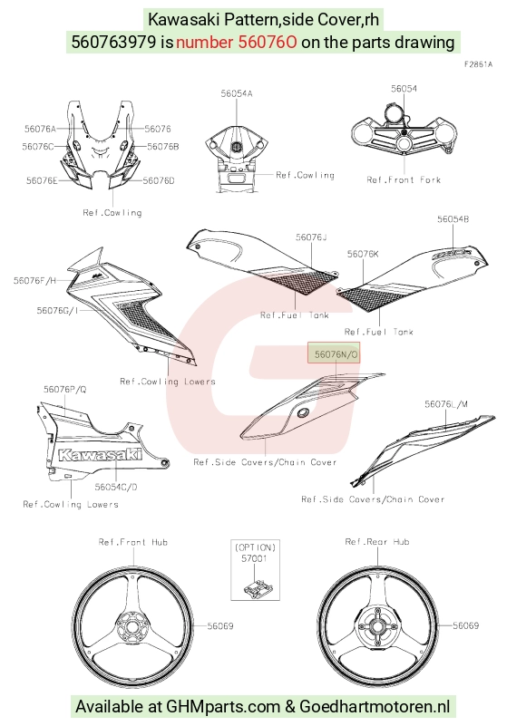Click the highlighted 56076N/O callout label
pyautogui.click(x=334, y=353)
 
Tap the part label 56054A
pyautogui.click(x=237, y=93)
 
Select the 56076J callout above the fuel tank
pyautogui.click(x=311, y=237)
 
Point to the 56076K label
pyautogui.click(x=363, y=254)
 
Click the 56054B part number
pyautogui.click(x=453, y=218)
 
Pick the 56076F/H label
pyautogui.click(x=34, y=280)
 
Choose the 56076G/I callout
pyautogui.click(x=57, y=310)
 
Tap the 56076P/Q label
pyautogui.click(x=65, y=390)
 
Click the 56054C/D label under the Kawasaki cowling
pyautogui.click(x=116, y=487)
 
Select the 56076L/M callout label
pyautogui.click(x=446, y=404)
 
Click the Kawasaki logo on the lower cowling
pyautogui.click(x=100, y=454)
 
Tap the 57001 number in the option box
pyautogui.click(x=255, y=558)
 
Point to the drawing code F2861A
pyautogui.click(x=478, y=64)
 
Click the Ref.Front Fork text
pyautogui.click(x=404, y=179)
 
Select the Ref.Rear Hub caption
pyautogui.click(x=377, y=542)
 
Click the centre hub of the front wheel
pyautogui.click(x=131, y=627)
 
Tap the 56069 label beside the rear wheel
pyautogui.click(x=466, y=626)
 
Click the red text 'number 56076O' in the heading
pyautogui.click(x=237, y=42)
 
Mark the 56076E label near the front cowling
pyautogui.click(x=42, y=180)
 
